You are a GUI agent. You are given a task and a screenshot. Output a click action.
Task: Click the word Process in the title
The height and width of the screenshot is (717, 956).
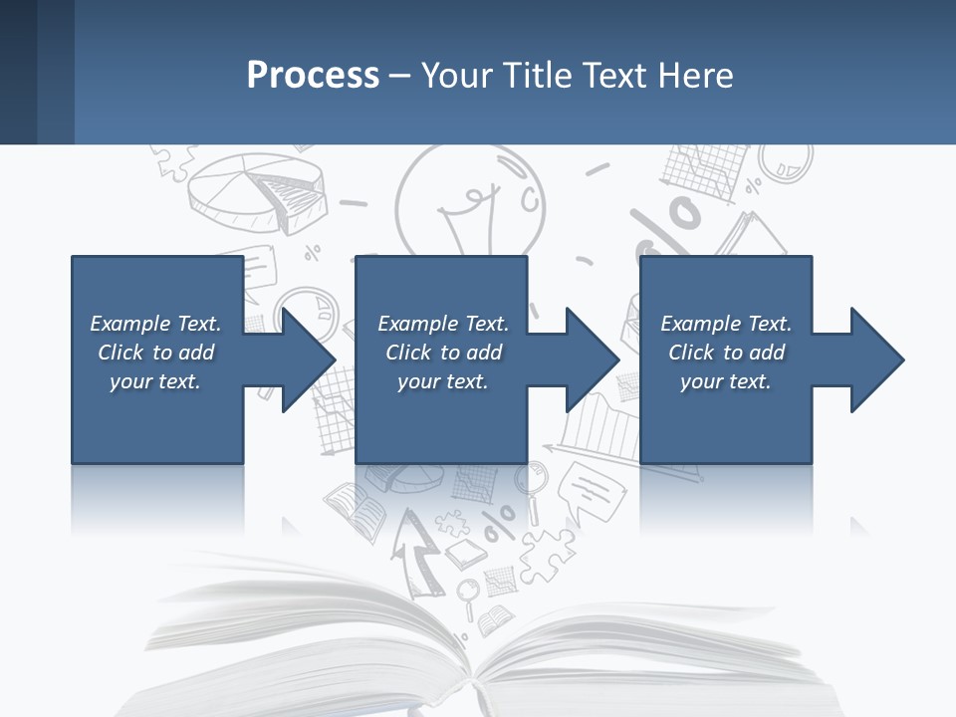(x=313, y=76)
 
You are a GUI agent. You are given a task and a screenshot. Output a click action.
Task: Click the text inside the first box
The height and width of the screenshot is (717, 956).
(x=155, y=353)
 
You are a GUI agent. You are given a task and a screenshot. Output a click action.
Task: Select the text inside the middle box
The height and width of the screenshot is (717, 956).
(x=443, y=353)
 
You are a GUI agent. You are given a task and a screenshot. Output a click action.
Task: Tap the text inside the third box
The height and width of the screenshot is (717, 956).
(x=726, y=353)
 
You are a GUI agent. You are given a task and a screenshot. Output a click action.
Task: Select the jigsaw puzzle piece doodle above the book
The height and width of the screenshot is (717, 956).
(x=543, y=548)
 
